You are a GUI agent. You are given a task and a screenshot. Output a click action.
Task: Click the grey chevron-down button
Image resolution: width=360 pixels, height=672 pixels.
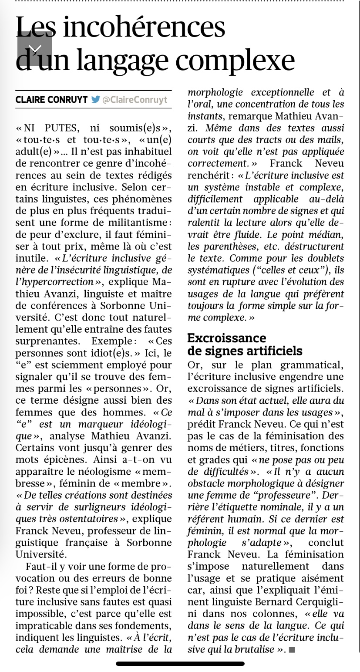[x=35, y=49]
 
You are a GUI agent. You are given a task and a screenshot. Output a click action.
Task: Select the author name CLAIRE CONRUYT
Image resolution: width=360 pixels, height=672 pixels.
[x=51, y=100]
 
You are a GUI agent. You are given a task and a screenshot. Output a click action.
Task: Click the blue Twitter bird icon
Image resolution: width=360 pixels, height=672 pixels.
[x=95, y=99]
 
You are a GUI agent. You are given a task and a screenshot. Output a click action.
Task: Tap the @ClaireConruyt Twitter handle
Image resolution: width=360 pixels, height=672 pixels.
[x=135, y=100]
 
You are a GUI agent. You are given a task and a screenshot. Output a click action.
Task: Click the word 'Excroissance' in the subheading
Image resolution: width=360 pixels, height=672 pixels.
[x=226, y=338]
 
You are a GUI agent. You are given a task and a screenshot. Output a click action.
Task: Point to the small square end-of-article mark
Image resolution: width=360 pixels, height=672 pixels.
[x=292, y=650]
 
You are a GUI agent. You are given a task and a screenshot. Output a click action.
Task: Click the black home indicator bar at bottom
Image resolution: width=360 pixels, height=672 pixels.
[x=180, y=664]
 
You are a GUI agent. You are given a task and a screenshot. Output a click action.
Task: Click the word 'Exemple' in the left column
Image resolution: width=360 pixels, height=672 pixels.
[x=111, y=341]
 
